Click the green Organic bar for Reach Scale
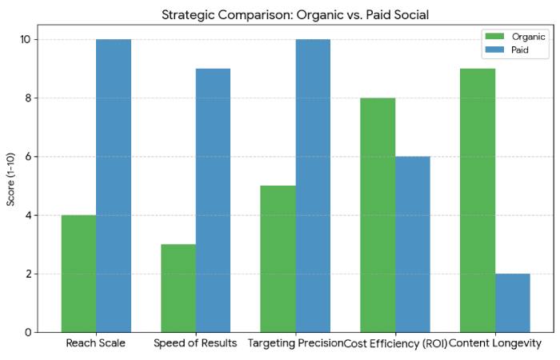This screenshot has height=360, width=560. click(x=78, y=274)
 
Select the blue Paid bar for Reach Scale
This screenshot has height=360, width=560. click(x=114, y=186)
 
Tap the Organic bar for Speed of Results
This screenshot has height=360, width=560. click(x=178, y=288)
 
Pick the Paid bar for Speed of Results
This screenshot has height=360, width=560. click(x=213, y=200)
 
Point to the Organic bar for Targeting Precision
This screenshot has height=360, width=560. click(x=278, y=258)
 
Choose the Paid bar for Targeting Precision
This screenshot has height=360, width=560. click(x=313, y=186)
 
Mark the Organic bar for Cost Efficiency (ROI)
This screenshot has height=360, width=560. click(x=378, y=214)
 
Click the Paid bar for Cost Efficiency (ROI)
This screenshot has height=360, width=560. click(x=413, y=244)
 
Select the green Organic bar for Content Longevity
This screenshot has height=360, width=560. click(x=478, y=200)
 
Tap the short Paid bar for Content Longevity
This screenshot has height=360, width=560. click(x=513, y=302)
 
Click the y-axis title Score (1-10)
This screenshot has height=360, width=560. click(x=11, y=186)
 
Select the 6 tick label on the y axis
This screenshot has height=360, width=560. click(x=27, y=157)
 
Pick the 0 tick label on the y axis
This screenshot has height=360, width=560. click(x=27, y=332)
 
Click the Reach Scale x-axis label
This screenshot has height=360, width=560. click(x=96, y=343)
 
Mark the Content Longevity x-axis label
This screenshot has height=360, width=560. click(x=495, y=343)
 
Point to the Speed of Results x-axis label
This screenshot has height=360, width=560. click(x=196, y=343)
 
